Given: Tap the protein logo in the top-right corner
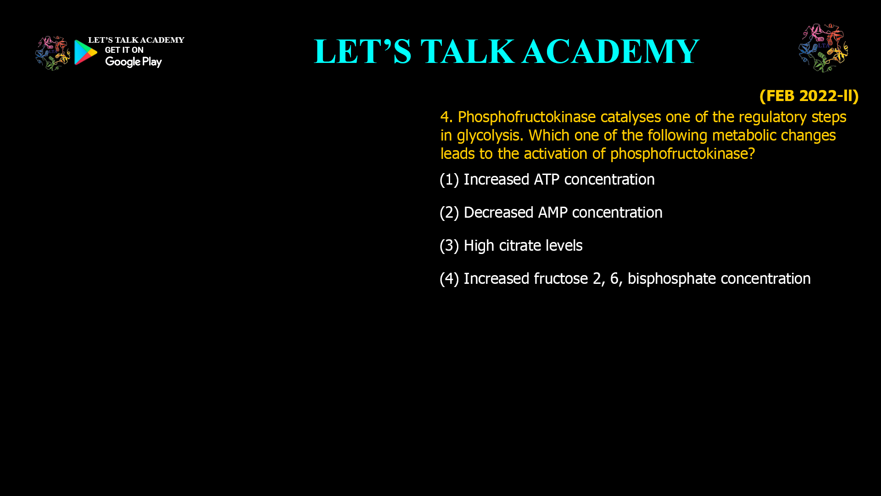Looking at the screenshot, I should [823, 48].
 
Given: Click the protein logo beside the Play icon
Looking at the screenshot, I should [52, 53].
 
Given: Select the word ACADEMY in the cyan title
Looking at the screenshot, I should [610, 51].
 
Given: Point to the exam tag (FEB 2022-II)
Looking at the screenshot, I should [809, 96].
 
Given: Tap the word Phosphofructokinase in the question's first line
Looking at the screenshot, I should [526, 117].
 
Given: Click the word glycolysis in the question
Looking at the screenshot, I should [490, 135].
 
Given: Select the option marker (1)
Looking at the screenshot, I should [449, 180].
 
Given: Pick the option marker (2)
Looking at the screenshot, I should [449, 213].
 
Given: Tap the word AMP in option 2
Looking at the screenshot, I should [552, 213].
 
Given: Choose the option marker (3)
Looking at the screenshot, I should [449, 246].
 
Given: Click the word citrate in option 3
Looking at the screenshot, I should [520, 246].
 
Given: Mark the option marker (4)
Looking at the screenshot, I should [449, 279].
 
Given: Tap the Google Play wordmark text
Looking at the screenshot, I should [133, 62].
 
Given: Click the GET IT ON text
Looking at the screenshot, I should [124, 50].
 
